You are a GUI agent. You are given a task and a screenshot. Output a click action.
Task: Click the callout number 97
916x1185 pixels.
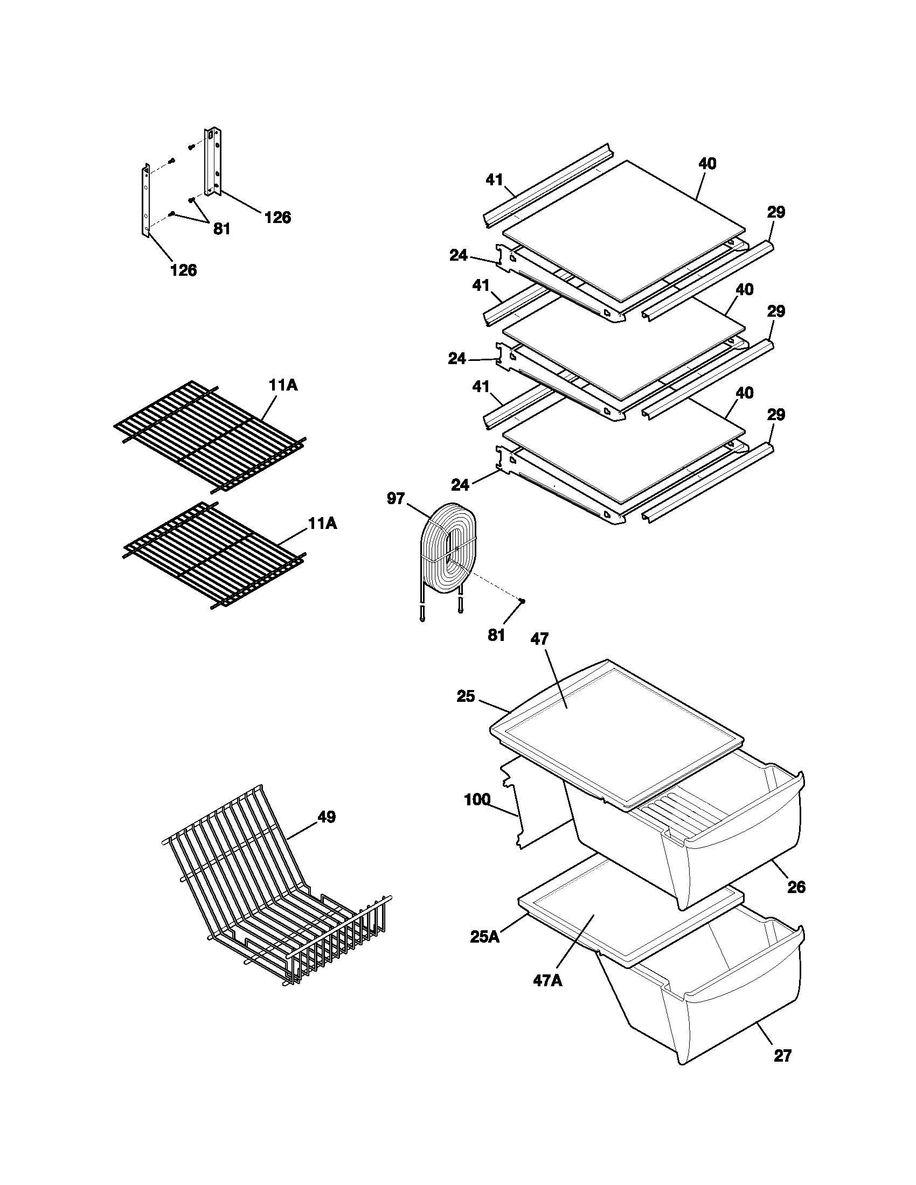tap(395, 498)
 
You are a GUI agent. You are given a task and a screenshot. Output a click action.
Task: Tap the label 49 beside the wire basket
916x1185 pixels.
tap(327, 817)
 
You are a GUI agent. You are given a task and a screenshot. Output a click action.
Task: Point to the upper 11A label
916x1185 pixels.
tap(283, 385)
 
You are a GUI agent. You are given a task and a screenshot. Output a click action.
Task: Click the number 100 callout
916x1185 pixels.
tap(477, 800)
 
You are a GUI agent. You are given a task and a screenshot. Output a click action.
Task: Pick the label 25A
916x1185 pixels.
tap(484, 937)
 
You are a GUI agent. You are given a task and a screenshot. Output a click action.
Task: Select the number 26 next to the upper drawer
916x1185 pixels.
tap(796, 888)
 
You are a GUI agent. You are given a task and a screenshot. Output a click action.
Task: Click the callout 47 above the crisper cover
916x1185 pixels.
tap(539, 640)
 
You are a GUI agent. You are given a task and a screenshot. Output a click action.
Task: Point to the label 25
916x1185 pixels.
tap(466, 696)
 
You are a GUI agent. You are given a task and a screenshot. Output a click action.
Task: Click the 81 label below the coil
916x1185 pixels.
tap(496, 636)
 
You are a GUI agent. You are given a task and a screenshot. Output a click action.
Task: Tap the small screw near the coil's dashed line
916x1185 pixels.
tap(522, 600)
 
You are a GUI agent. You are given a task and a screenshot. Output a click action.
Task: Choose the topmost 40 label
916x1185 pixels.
tap(706, 163)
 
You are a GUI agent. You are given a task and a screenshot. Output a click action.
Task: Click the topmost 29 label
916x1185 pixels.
tap(776, 212)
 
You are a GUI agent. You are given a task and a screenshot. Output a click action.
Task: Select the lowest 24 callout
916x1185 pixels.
tap(460, 485)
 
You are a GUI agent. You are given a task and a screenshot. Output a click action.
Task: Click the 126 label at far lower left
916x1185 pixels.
tap(183, 270)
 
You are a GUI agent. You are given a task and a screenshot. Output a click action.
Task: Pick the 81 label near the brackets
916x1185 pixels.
tap(221, 229)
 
